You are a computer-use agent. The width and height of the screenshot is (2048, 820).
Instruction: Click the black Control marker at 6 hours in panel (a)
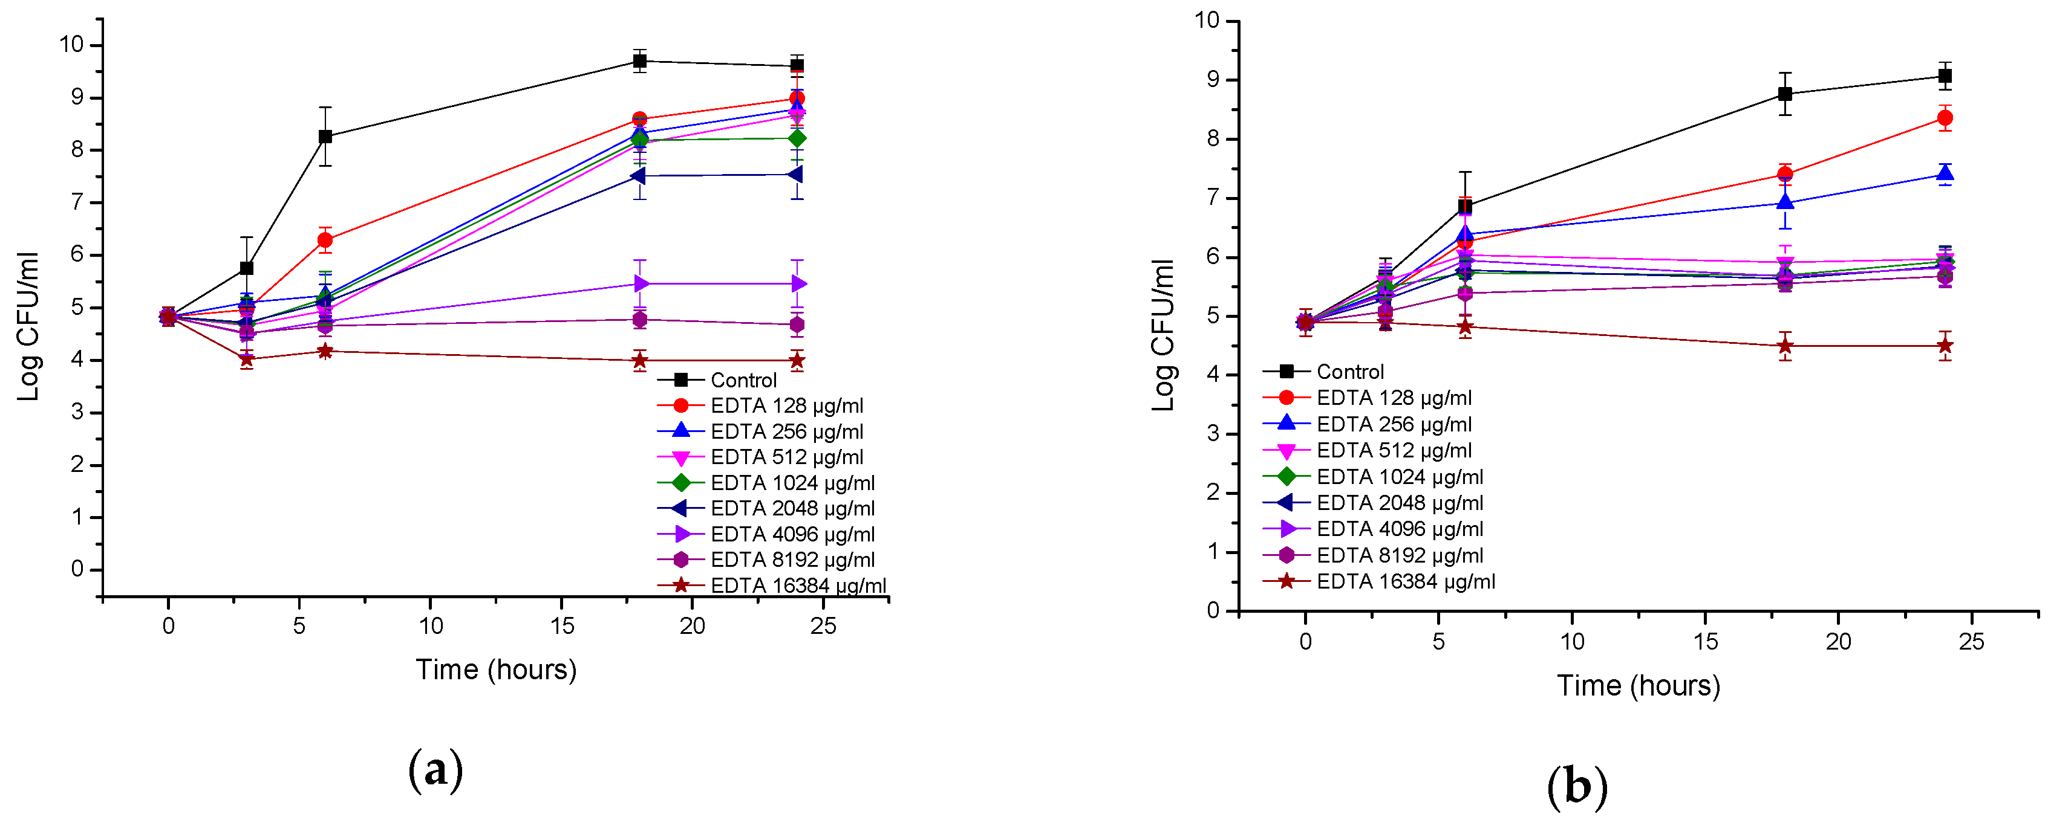(325, 137)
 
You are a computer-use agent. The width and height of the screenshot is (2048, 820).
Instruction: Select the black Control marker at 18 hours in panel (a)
(640, 61)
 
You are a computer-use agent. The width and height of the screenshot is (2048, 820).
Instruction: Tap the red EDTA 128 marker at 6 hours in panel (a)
(325, 240)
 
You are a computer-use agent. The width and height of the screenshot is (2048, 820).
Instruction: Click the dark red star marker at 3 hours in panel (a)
(246, 359)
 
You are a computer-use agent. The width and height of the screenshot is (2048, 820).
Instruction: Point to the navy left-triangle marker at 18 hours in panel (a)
(639, 176)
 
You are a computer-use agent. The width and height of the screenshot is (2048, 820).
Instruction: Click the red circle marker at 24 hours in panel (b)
(1945, 118)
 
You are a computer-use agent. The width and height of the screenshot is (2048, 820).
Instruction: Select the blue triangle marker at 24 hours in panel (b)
(1945, 175)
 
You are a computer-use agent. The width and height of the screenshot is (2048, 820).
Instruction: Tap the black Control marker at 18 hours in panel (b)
(1785, 94)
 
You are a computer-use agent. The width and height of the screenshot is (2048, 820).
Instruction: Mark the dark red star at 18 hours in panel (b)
(1785, 346)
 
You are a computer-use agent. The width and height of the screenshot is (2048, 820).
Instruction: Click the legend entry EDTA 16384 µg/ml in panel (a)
(797, 586)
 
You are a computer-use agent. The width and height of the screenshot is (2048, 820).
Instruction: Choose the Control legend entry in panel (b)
(1349, 372)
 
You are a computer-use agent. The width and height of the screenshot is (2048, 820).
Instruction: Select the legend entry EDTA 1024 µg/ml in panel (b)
(1399, 477)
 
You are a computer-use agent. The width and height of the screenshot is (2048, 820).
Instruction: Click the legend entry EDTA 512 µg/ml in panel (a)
(786, 457)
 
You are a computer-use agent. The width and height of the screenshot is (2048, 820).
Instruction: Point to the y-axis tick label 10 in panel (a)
(71, 45)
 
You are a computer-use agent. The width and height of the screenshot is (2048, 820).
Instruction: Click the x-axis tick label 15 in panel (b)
(1704, 642)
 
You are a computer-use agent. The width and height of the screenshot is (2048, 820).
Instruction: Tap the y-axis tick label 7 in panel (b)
(1213, 197)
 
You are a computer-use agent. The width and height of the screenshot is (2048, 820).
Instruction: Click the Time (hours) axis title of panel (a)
(496, 670)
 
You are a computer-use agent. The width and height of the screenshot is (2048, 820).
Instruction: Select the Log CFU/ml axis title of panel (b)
(1163, 335)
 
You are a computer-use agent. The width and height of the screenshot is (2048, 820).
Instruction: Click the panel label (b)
(1577, 787)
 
